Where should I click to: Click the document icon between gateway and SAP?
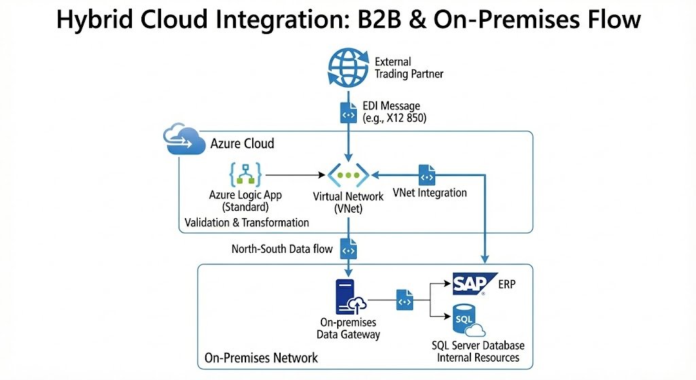coord(404,299)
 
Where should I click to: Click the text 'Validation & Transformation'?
coord(247,222)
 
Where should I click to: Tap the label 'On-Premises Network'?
coord(260,358)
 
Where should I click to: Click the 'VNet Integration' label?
coord(430,192)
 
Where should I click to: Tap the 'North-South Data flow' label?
coord(282,249)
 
